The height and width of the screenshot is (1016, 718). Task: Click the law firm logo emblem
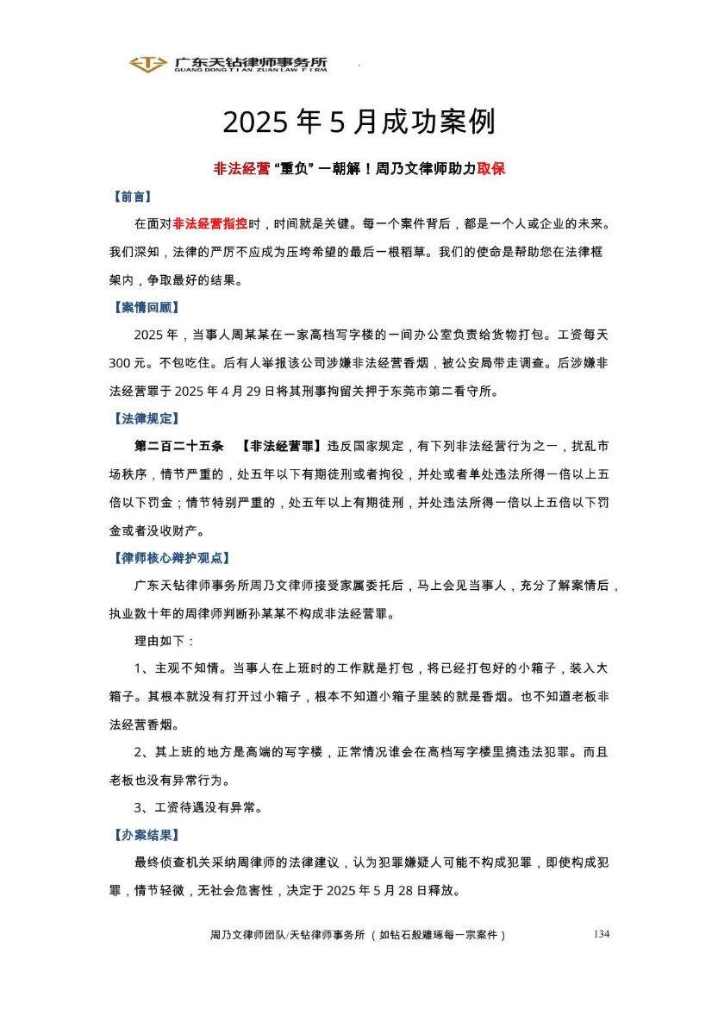point(147,64)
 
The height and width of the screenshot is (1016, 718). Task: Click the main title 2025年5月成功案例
point(359,122)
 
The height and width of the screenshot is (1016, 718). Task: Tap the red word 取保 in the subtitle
point(490,169)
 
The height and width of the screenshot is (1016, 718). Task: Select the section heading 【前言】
point(131,197)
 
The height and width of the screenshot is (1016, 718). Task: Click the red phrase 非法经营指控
point(210,224)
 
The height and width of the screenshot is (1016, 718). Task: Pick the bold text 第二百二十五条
point(178,446)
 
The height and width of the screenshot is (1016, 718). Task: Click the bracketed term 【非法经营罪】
point(282,446)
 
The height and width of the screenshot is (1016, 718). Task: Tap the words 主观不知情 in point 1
point(190,668)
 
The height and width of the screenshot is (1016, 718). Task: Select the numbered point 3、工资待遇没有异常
point(197,808)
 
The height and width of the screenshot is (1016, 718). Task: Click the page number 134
point(602,934)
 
